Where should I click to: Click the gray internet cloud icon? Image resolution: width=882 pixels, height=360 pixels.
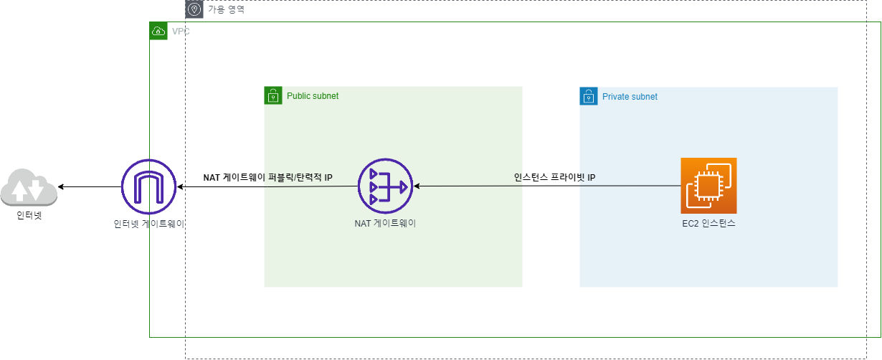pos(29,189)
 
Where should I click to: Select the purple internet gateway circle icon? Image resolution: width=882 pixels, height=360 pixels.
pos(148,186)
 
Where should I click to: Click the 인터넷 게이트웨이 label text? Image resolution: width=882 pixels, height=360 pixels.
pos(149,224)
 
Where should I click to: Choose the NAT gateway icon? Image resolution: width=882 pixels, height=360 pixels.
pos(385,186)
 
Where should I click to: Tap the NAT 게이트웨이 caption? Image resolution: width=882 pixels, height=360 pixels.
pos(385,224)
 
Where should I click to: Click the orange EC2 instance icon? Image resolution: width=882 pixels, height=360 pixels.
pos(708,186)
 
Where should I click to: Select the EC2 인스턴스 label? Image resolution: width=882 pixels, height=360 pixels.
pos(708,224)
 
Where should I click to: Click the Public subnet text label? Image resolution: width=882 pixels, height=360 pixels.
pos(313,96)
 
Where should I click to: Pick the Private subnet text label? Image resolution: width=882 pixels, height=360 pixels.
pos(630,97)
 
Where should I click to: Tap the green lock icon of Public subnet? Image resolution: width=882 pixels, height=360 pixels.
pos(273,96)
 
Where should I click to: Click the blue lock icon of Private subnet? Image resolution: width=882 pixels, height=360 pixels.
pos(589,96)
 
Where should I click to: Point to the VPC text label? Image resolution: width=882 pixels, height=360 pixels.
pos(181,32)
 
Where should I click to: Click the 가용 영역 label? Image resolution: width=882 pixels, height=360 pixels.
pos(226,10)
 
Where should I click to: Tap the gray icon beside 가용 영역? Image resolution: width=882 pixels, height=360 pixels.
pos(194,9)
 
